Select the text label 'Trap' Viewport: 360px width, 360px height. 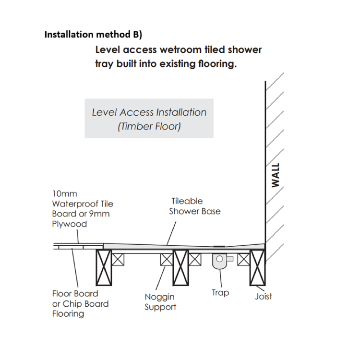pos(220,292)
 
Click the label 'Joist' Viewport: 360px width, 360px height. pos(263,296)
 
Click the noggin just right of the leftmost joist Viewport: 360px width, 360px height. pos(118,259)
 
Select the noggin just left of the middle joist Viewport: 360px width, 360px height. pos(167,259)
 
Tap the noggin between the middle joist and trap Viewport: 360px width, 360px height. pos(194,259)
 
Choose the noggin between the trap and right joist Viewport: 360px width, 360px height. pos(243,259)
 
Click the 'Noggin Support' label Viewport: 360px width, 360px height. pos(160,302)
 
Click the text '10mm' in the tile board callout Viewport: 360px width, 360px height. pos(64,193)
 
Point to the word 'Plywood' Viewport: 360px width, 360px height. pos(69,224)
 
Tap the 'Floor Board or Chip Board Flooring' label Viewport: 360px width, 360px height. pos(80,303)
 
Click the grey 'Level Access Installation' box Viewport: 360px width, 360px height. pos(149,119)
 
